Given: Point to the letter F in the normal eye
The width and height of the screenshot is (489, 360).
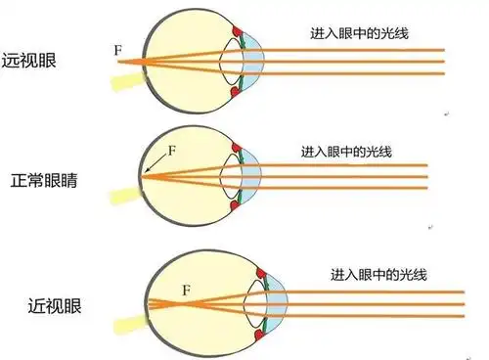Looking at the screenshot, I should click(173, 152).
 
